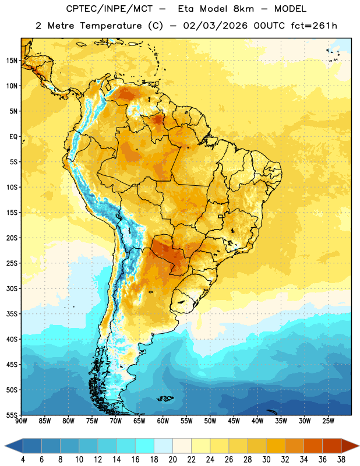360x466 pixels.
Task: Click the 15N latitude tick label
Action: coord(12,61)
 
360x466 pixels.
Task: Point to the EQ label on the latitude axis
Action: coord(13,137)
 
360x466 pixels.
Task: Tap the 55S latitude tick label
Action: coord(12,415)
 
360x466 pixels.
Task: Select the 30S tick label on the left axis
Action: coord(12,288)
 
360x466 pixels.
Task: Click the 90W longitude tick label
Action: coord(21,421)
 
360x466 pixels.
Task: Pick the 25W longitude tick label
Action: coord(328,421)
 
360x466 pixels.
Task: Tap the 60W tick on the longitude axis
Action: coord(163,421)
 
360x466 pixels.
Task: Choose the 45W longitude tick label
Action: coord(234,421)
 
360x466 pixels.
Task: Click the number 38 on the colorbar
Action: coord(341,460)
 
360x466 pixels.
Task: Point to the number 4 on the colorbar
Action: coord(23,460)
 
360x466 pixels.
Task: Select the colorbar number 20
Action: coord(172,460)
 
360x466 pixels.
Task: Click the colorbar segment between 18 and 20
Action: coord(163,446)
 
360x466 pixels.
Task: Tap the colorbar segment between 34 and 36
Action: coord(313,446)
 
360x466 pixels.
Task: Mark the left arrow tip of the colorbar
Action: coord(5,446)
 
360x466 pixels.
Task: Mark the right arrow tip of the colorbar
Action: coord(359,446)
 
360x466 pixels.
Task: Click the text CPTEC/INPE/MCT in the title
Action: coord(110,9)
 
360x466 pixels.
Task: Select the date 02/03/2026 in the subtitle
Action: coord(215,26)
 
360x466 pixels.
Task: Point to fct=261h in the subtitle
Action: coord(314,26)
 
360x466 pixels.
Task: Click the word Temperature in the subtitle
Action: coord(111,26)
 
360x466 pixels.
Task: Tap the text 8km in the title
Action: coord(243,9)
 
